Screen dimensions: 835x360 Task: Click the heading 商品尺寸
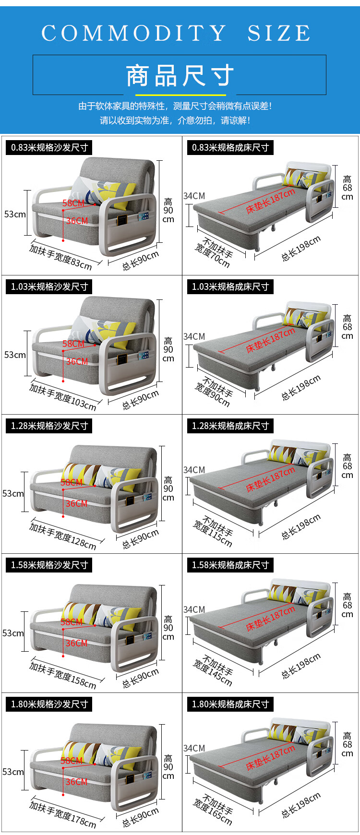[x=180, y=76]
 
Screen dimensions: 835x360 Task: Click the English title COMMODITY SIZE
[x=176, y=33]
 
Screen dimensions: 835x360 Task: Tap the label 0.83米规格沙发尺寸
[x=49, y=147]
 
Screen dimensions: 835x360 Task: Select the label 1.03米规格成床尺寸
[x=230, y=286]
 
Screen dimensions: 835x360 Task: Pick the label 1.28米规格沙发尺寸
[x=49, y=426]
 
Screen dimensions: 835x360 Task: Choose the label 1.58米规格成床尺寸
[x=230, y=565]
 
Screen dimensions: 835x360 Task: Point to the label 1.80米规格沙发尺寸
[x=49, y=704]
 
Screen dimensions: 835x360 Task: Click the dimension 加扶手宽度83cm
[x=60, y=257]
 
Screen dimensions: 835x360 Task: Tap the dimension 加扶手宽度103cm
[x=62, y=396]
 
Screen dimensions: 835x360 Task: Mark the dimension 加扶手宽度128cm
[x=62, y=536]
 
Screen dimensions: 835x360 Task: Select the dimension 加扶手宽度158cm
[x=62, y=675]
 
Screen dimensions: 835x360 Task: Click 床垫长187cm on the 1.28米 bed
[x=270, y=480]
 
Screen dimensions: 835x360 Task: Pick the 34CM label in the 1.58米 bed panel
[x=194, y=609]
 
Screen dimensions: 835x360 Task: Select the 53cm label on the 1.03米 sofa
[x=14, y=355]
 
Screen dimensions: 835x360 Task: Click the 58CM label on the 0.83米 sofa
[x=73, y=203]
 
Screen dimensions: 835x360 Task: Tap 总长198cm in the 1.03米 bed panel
[x=300, y=388]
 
